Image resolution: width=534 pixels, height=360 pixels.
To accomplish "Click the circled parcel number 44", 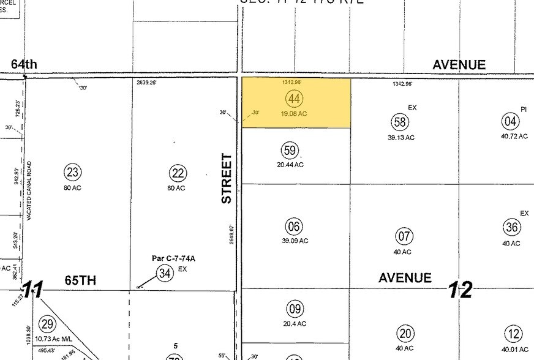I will click(295, 98).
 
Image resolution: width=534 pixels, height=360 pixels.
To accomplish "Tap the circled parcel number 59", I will click(290, 151).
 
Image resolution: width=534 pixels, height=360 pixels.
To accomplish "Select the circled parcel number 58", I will click(401, 122).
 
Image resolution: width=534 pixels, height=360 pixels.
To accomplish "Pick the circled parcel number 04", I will click(510, 121).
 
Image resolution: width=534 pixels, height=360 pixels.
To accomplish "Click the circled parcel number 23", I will click(72, 173).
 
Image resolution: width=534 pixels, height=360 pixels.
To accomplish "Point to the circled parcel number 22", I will click(178, 173).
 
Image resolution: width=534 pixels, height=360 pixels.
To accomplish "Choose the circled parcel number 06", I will click(295, 227).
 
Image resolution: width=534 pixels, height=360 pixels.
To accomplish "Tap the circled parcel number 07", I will click(404, 236).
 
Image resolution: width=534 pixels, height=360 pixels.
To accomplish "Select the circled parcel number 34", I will click(165, 273).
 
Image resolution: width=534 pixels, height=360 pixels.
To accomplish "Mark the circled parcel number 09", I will click(295, 309).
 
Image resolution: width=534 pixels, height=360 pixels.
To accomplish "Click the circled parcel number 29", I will click(47, 323).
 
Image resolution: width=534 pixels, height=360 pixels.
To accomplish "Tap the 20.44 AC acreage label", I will click(290, 165).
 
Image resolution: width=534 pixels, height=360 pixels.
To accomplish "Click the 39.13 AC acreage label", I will click(401, 137).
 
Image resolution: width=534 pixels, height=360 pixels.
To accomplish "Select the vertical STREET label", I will click(227, 179).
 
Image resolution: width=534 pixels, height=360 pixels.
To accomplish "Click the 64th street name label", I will click(24, 64).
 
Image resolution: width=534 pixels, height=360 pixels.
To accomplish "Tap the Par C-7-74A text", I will click(173, 258).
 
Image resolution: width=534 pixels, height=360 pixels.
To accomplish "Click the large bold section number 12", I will click(460, 290).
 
